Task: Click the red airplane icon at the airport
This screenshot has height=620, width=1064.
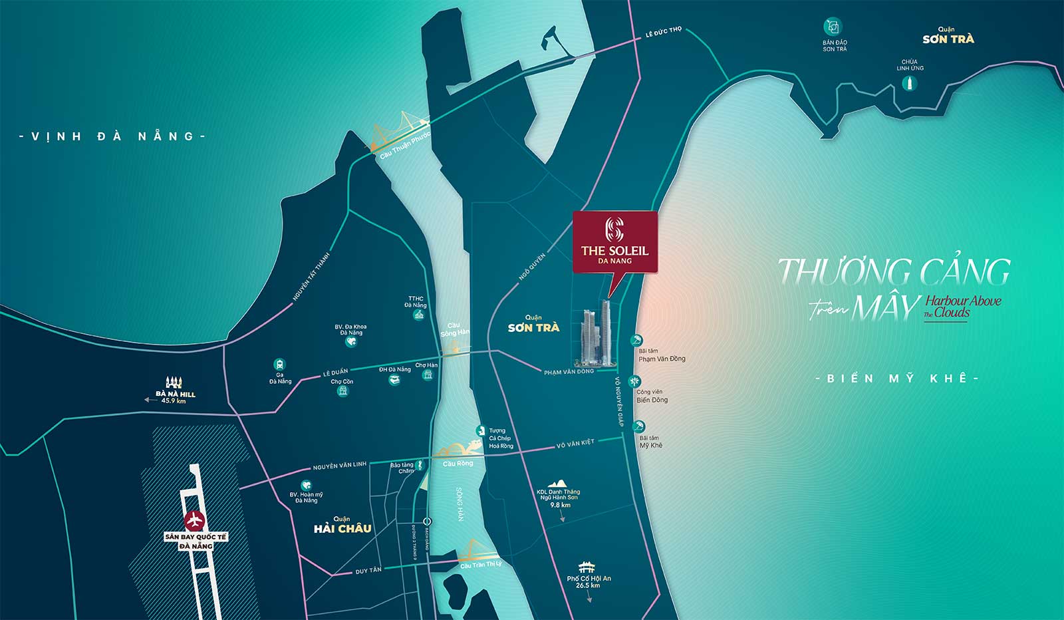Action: point(194,518)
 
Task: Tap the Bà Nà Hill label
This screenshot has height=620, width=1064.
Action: point(175,394)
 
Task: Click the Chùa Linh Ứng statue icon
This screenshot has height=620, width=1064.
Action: point(909,83)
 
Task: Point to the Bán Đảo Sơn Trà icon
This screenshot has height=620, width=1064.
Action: point(832,27)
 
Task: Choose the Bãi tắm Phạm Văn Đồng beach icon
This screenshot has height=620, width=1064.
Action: point(636,341)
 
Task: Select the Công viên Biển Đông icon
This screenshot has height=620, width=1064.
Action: point(636,381)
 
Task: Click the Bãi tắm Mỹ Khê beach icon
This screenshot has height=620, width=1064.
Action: point(638,426)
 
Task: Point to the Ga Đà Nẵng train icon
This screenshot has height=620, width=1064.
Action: point(279,365)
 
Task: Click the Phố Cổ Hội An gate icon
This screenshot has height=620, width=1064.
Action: point(587,567)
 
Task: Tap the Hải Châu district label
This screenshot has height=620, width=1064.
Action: point(342,528)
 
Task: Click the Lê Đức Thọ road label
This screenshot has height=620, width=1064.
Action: point(663,31)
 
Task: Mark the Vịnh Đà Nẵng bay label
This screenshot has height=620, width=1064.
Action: point(112,136)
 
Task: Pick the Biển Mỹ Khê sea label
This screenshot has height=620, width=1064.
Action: point(898,379)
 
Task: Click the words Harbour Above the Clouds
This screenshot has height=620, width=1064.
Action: point(962,307)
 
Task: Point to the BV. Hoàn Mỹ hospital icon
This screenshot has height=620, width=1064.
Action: point(306,486)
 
